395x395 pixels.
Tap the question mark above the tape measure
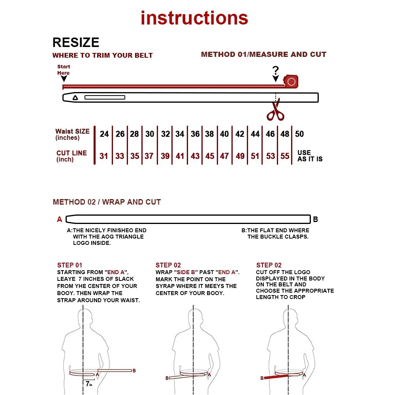tap(276, 71)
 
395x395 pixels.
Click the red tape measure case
tap(291, 81)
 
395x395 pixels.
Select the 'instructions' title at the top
tap(194, 18)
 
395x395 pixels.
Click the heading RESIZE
tap(76, 43)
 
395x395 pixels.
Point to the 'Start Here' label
tap(63, 70)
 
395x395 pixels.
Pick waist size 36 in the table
tap(195, 134)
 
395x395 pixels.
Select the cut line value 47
tap(224, 156)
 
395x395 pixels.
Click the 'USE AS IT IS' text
tap(310, 156)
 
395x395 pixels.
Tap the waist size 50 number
tap(299, 134)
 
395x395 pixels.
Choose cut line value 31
tap(103, 156)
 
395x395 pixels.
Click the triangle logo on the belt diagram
tap(75, 98)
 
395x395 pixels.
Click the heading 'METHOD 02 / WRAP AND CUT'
tap(107, 202)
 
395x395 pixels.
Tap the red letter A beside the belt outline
tap(60, 219)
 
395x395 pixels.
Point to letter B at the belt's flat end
tap(315, 219)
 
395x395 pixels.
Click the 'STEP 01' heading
tap(70, 265)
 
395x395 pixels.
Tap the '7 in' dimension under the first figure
tap(89, 384)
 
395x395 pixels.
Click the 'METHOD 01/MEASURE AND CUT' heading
tap(263, 55)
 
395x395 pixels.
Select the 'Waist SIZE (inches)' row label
tap(72, 134)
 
